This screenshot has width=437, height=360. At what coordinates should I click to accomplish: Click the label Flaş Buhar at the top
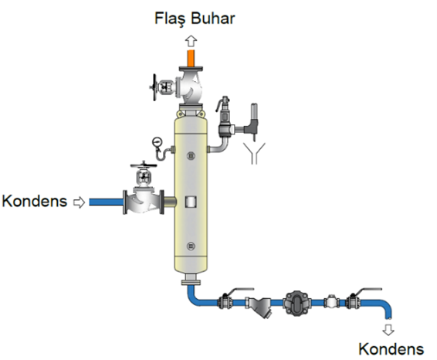pyautogui.click(x=195, y=19)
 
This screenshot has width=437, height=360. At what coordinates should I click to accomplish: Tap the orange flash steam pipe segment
pyautogui.click(x=191, y=58)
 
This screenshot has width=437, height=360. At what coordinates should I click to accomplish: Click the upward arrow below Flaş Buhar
pyautogui.click(x=191, y=41)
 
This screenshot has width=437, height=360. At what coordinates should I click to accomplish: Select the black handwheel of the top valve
pyautogui.click(x=154, y=87)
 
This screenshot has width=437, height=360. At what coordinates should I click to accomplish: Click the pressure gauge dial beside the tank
pyautogui.click(x=158, y=142)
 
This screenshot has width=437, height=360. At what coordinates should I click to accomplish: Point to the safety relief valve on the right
pyautogui.click(x=225, y=117)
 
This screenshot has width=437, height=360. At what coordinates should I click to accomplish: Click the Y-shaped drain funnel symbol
pyautogui.click(x=254, y=153)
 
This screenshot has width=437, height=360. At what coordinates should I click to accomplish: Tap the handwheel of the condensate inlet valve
pyautogui.click(x=144, y=165)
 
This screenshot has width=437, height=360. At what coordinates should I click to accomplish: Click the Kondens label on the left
pyautogui.click(x=35, y=202)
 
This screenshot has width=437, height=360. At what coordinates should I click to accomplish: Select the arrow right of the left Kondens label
pyautogui.click(x=80, y=202)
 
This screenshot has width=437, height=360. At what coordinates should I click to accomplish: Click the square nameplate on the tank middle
pyautogui.click(x=191, y=202)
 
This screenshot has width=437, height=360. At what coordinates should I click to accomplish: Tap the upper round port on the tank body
pyautogui.click(x=191, y=156)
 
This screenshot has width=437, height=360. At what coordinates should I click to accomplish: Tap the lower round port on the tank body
pyautogui.click(x=191, y=246)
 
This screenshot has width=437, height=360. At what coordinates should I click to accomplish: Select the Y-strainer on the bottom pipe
pyautogui.click(x=259, y=305)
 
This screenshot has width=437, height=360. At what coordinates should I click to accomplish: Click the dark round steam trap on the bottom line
pyautogui.click(x=296, y=303)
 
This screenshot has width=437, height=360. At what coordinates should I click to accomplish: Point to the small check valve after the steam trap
pyautogui.click(x=332, y=302)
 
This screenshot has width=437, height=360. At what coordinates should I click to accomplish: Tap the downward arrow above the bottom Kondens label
pyautogui.click(x=388, y=329)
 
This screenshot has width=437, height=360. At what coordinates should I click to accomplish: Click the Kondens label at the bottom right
pyautogui.click(x=391, y=349)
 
